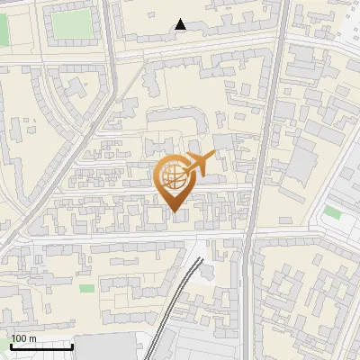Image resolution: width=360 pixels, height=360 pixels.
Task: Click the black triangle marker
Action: tap(181, 25)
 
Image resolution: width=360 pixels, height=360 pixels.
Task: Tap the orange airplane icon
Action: tap(199, 164)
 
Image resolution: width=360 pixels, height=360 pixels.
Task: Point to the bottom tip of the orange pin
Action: tap(174, 212)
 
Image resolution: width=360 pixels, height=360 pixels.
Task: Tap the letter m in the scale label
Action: tap(33, 338)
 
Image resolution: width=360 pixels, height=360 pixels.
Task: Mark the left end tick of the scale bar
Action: tap(10, 346)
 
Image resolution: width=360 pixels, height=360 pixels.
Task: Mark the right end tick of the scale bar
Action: tap(72, 346)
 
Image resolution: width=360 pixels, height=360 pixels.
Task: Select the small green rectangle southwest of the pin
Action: tap(86, 289)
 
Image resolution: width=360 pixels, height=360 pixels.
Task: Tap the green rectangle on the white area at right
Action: tap(333, 212)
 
